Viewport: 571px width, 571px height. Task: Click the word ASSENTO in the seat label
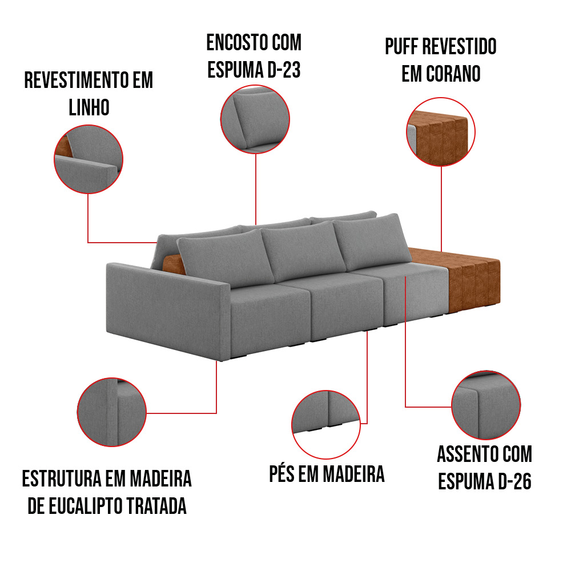(x=468, y=455)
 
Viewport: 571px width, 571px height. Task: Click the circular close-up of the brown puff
(x=440, y=132)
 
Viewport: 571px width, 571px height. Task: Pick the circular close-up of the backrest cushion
(x=255, y=119)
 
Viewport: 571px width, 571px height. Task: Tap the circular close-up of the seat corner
(x=485, y=405)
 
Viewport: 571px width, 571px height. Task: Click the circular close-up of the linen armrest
(x=89, y=160)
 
